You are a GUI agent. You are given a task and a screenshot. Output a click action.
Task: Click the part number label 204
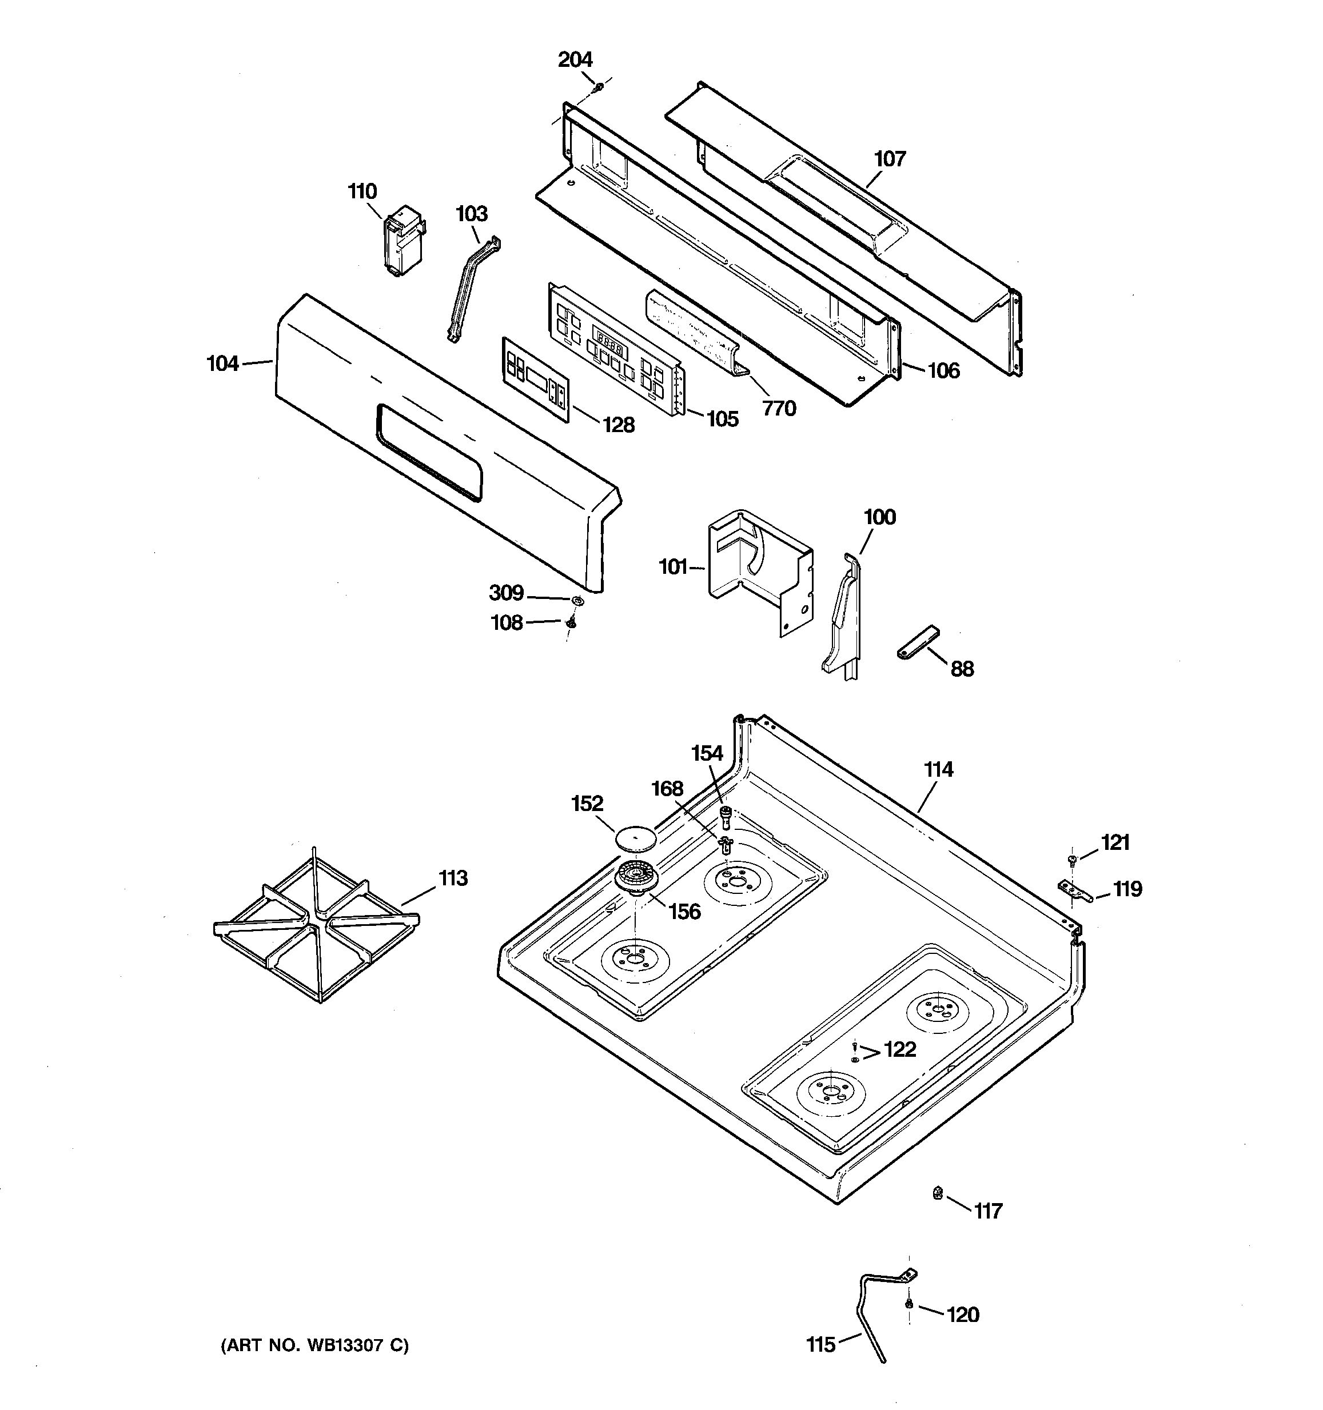coord(575,59)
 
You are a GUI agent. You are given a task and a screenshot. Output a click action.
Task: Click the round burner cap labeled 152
coord(635,838)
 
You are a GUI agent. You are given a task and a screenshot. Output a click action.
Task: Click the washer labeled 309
coord(577,601)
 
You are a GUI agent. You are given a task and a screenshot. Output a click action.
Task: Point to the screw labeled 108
coord(571,622)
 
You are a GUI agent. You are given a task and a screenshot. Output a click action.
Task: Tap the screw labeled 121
coord(1072,860)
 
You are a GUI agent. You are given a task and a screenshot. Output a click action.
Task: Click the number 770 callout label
coord(779,409)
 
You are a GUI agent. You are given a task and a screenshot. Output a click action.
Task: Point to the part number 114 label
coord(938,769)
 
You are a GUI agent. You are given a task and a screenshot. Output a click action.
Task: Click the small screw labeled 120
coord(908,1304)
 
